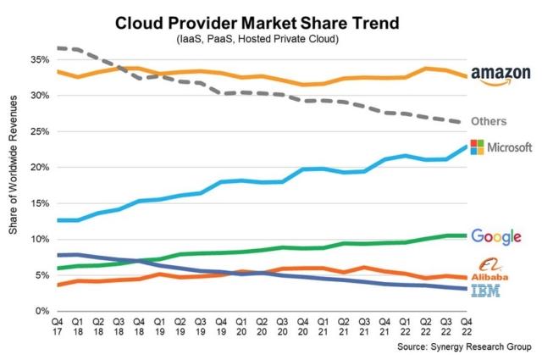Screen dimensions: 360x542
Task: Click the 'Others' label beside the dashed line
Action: coord(489,120)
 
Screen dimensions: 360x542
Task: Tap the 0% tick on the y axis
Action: coord(40,311)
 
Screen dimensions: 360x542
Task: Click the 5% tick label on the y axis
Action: coord(40,275)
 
